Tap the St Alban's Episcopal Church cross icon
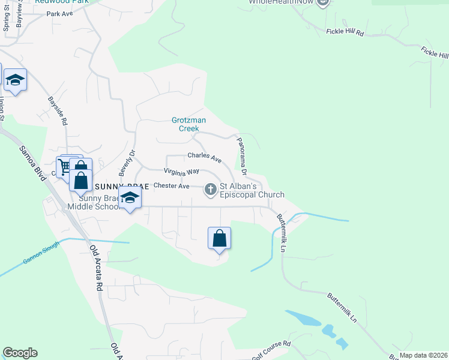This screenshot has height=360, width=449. (x=211, y=190)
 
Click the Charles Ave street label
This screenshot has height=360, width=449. (x=205, y=157)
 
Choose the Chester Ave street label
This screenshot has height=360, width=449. (x=172, y=186)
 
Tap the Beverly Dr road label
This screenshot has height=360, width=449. (x=127, y=162)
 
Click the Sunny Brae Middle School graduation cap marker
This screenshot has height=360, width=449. (x=130, y=197)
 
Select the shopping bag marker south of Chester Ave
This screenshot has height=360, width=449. (x=220, y=238)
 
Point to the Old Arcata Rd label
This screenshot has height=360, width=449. (x=96, y=268)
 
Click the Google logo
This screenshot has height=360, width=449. (x=20, y=353)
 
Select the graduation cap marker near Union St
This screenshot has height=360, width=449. (x=15, y=80)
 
